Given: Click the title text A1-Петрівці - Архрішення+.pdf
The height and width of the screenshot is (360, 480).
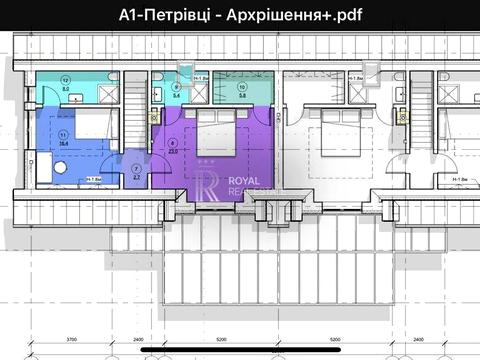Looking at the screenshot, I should tap(239, 14).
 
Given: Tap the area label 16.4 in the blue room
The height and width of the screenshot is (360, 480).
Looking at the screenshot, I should tap(63, 143).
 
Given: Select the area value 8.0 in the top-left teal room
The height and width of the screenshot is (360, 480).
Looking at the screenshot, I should tap(66, 88).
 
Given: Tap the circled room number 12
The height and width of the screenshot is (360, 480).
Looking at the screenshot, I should tap(66, 79).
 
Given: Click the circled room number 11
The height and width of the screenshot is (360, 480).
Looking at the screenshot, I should tap(63, 134).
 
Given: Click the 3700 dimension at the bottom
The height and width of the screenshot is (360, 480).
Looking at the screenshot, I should tap(72, 338).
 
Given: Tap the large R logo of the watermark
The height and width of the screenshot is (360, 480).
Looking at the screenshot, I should tap(203, 184).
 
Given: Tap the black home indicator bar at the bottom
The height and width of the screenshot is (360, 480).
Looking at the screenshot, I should tap(239, 352).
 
